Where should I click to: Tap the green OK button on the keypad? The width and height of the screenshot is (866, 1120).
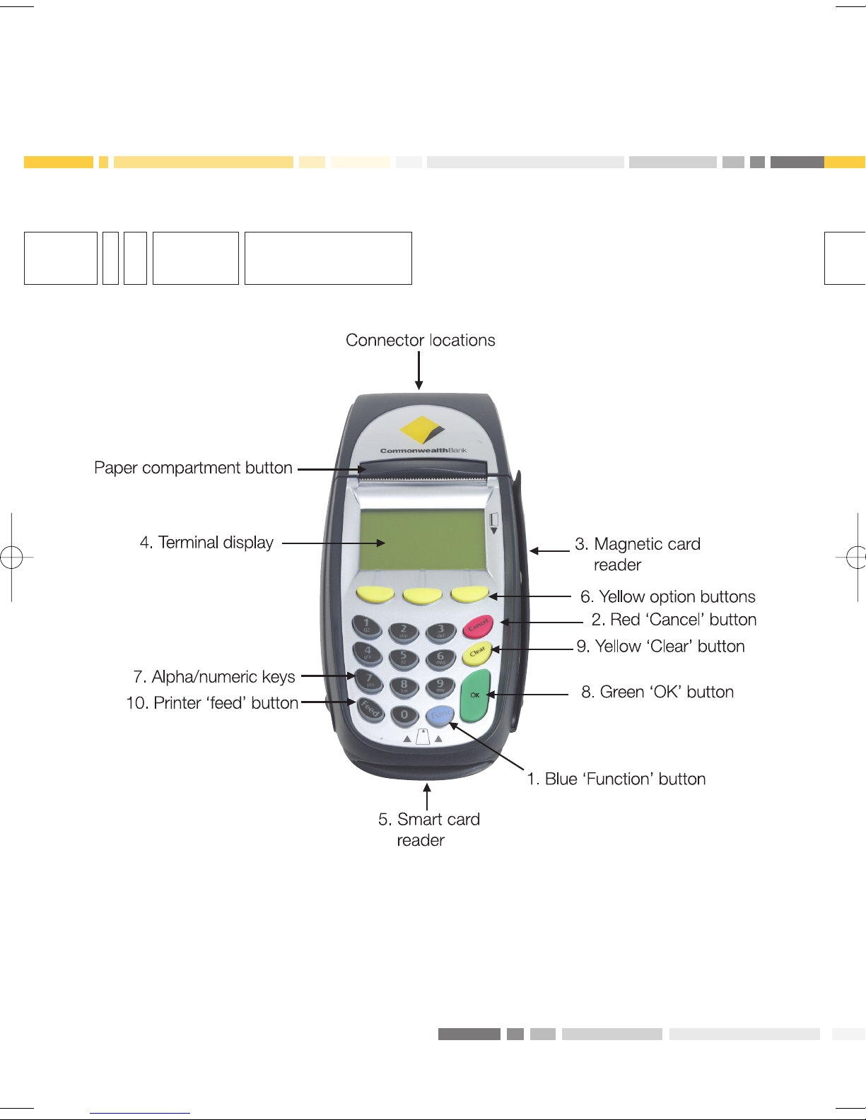click(475, 696)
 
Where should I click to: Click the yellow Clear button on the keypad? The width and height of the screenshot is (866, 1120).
click(477, 653)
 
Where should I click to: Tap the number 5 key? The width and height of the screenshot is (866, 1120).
click(404, 657)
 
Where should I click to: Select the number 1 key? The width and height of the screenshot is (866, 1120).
click(366, 625)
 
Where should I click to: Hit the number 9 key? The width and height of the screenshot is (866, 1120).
click(440, 685)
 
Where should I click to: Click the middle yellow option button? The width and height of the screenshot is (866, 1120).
click(422, 596)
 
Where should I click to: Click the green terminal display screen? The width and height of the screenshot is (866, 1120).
click(422, 540)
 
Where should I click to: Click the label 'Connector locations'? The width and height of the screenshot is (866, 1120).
click(421, 341)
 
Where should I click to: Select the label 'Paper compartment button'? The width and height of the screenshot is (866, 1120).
click(193, 468)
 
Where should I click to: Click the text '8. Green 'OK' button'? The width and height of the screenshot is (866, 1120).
click(657, 692)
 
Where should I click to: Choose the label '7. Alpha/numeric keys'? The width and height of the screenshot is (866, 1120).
click(214, 677)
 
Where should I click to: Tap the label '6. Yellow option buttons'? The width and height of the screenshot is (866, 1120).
click(668, 597)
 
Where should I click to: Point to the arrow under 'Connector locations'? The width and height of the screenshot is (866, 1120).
click(419, 371)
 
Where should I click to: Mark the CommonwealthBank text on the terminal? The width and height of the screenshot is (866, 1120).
click(423, 450)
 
